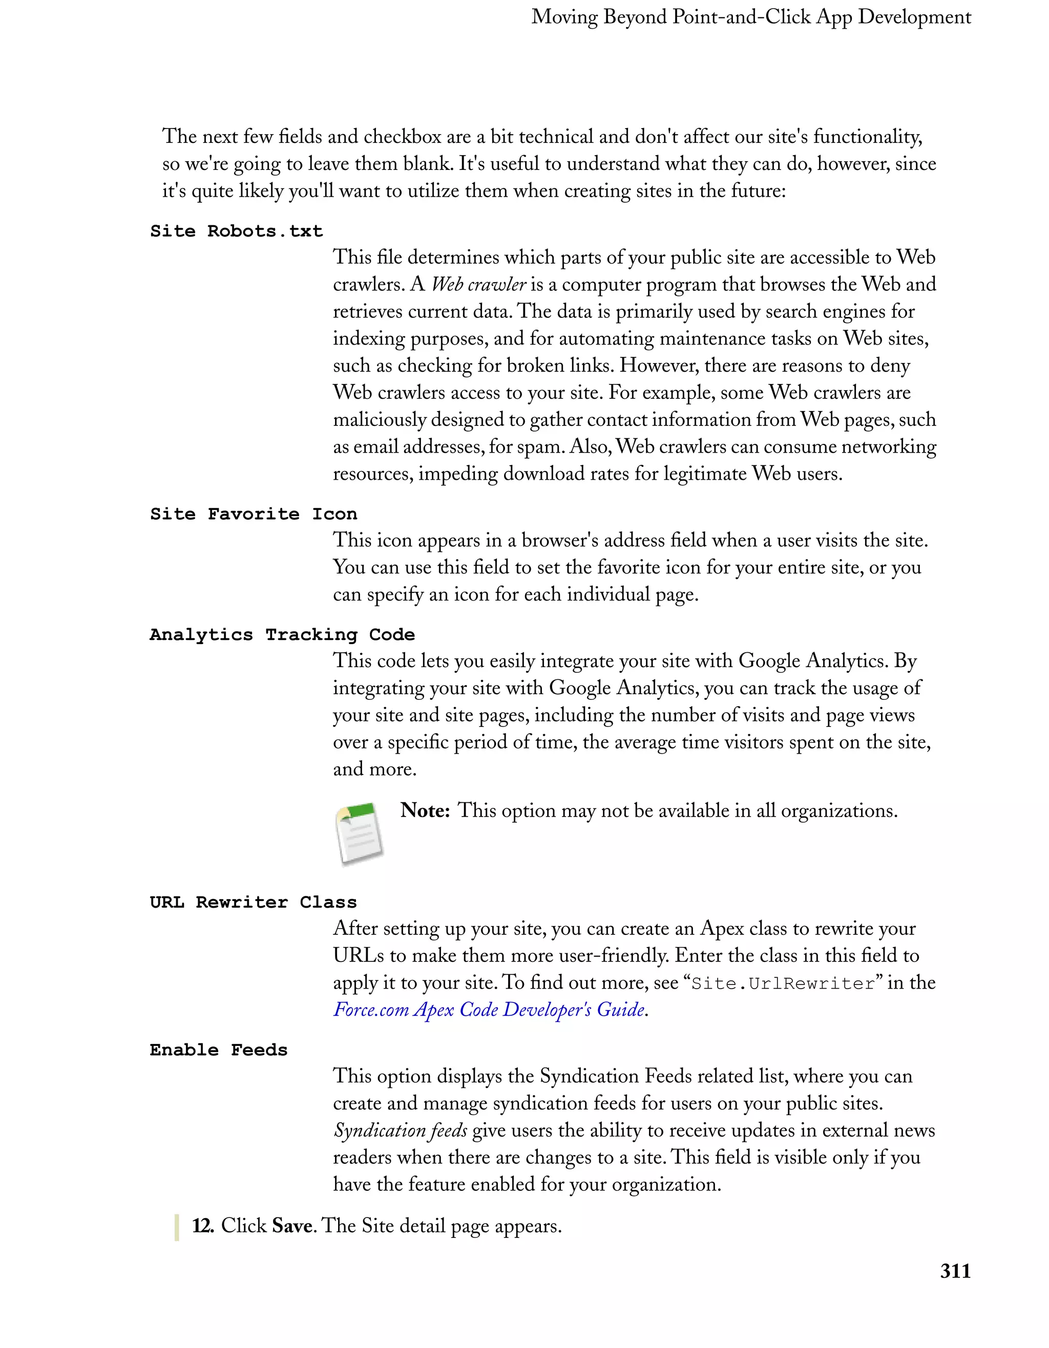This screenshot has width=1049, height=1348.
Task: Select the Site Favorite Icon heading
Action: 253,513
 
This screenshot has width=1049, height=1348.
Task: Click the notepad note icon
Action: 359,833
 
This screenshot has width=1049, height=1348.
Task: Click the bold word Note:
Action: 425,810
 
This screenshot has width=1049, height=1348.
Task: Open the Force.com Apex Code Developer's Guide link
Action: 489,1009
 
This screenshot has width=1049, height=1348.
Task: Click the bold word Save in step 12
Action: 292,1225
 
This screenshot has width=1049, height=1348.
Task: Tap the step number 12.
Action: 202,1225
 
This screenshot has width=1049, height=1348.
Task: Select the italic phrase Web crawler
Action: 478,284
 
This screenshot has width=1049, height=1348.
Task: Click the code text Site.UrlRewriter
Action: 783,983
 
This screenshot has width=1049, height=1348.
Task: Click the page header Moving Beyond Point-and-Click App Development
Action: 751,17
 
